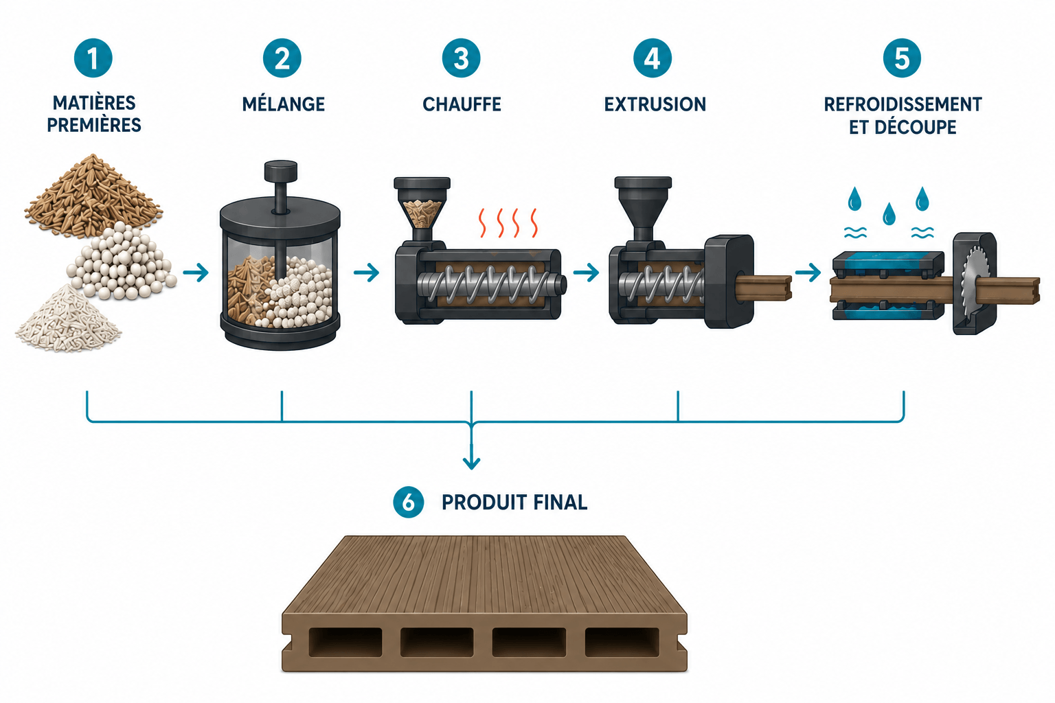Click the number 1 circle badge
point(93,58)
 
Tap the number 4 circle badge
point(653,58)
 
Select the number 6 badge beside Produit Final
point(409,502)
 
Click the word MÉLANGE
point(284,104)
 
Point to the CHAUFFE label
point(462,104)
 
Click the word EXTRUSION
point(655,104)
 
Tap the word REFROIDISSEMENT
point(903,104)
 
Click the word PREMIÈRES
point(94,125)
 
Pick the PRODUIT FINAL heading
point(514,503)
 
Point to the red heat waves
point(508,222)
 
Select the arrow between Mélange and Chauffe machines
point(366,272)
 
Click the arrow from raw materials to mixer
point(196,272)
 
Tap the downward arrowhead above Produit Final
point(471,463)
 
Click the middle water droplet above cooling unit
point(889,214)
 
